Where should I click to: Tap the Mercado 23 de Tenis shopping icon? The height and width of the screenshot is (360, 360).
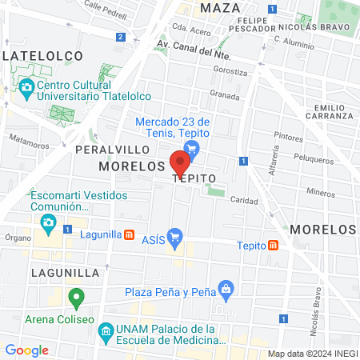(x=190, y=147)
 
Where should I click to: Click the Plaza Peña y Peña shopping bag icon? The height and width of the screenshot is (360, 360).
(x=227, y=288)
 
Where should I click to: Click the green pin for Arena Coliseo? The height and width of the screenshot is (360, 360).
(x=77, y=299)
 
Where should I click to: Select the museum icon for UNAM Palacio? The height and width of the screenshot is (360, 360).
(x=105, y=330)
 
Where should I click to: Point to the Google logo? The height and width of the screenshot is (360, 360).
(x=26, y=350)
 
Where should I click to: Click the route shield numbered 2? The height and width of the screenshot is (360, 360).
(x=120, y=37)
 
